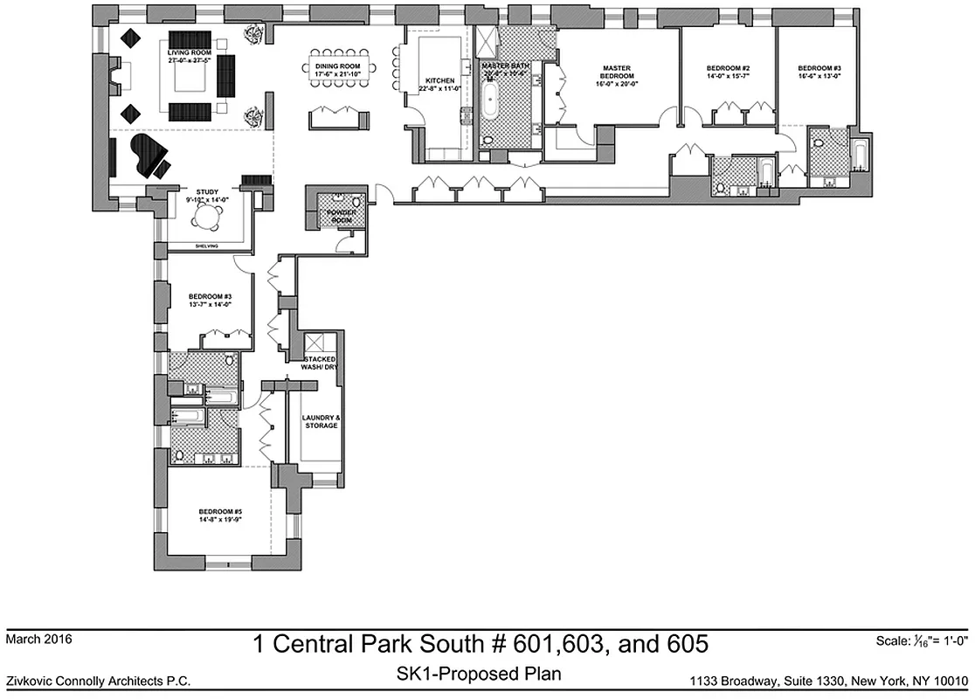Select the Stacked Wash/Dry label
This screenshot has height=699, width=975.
[x=320, y=364]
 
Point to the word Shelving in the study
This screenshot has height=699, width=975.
[x=206, y=246]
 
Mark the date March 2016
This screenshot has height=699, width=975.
[x=38, y=640]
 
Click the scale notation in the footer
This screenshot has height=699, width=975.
[x=922, y=641]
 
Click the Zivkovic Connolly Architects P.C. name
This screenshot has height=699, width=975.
[x=98, y=681]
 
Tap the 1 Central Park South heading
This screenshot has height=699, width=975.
[x=480, y=645]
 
